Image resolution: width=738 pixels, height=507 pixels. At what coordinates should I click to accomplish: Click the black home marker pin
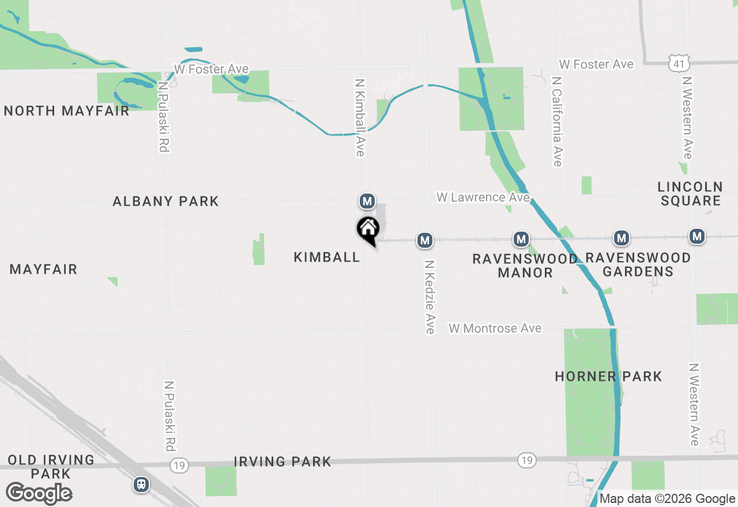tap(368, 230)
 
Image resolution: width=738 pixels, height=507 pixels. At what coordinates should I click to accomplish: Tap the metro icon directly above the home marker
tap(367, 201)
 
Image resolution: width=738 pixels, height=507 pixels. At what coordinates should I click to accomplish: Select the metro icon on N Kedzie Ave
tap(425, 240)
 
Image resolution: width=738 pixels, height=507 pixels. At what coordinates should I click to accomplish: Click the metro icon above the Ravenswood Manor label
tap(521, 239)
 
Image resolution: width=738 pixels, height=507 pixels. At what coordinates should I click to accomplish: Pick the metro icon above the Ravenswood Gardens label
tap(621, 237)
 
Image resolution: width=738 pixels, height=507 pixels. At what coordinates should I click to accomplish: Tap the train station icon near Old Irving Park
tap(141, 485)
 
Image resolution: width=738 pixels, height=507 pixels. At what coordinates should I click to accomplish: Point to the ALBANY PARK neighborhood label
tap(165, 201)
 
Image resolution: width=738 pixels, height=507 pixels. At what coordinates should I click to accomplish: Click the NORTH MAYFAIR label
tap(67, 111)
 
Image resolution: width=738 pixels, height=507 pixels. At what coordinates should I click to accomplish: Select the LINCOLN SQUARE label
tap(690, 194)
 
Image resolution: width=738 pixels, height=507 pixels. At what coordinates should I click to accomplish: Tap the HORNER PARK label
tap(608, 377)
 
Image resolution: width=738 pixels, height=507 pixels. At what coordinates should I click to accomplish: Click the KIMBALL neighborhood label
tap(327, 257)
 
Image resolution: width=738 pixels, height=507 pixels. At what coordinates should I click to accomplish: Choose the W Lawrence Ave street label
tap(483, 198)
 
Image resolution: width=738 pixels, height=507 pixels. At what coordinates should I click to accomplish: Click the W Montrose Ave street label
tap(495, 328)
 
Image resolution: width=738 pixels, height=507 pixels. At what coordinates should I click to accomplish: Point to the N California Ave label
tap(556, 122)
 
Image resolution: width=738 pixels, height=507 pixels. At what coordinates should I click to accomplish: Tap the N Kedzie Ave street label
tap(430, 297)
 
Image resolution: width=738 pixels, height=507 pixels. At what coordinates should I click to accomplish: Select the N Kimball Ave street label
tap(360, 118)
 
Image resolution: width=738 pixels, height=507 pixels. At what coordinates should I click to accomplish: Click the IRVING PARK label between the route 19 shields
tap(283, 461)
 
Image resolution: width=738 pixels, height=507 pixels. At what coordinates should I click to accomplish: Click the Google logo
tap(39, 493)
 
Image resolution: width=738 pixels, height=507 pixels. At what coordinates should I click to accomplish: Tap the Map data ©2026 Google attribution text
tap(667, 499)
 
